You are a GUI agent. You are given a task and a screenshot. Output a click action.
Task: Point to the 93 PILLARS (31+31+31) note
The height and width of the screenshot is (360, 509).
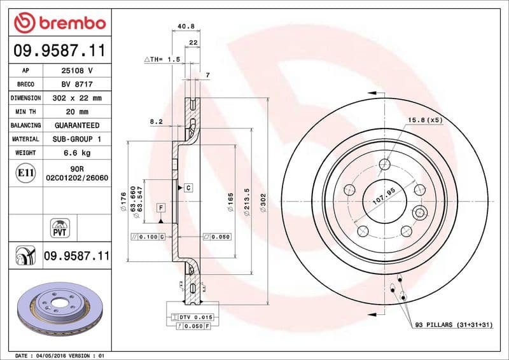(x=453, y=324)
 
